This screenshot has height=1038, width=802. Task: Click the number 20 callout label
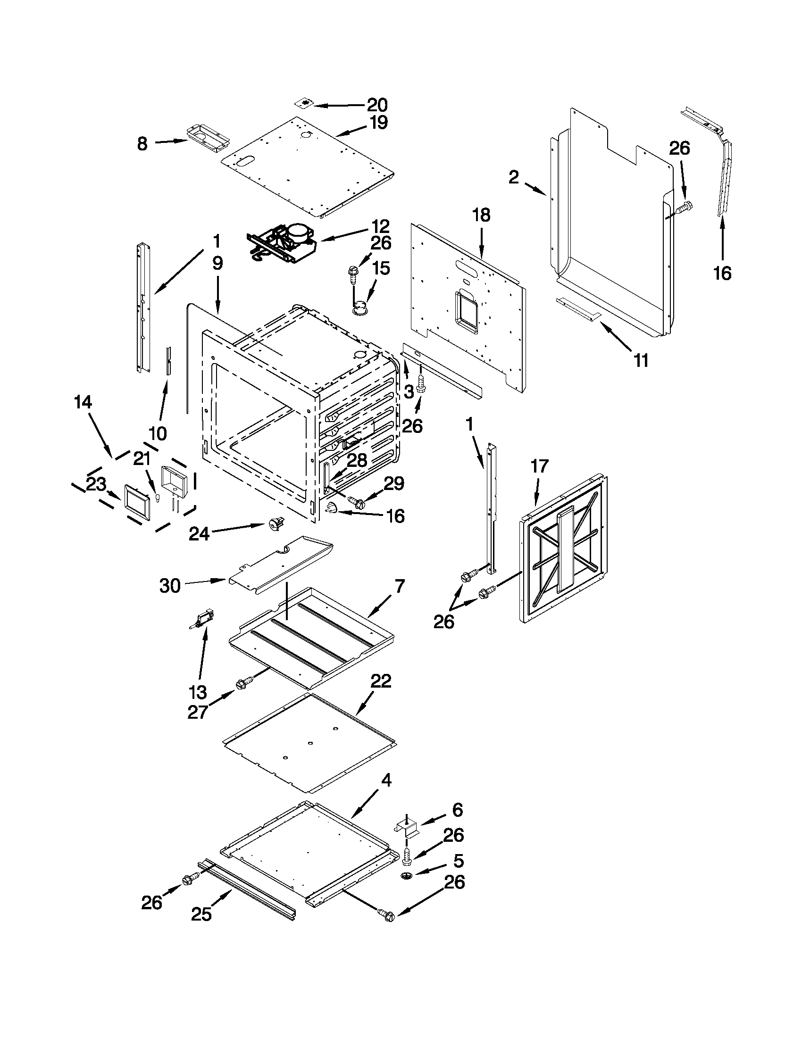coord(377,105)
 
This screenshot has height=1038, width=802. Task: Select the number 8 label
coord(142,143)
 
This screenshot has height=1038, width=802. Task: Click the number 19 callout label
coord(378,123)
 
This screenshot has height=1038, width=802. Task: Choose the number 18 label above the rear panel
coord(481,215)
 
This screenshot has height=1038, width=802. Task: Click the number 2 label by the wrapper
coord(514,178)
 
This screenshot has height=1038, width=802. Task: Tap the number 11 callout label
coord(641,361)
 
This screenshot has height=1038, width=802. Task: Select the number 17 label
coord(539,466)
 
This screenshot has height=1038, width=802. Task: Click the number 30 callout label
coord(170,586)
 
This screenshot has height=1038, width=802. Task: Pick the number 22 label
coord(381,681)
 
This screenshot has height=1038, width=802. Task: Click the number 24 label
coord(199,534)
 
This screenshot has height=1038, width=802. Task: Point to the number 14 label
coord(83,402)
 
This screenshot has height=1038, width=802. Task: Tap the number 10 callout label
coord(158,433)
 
